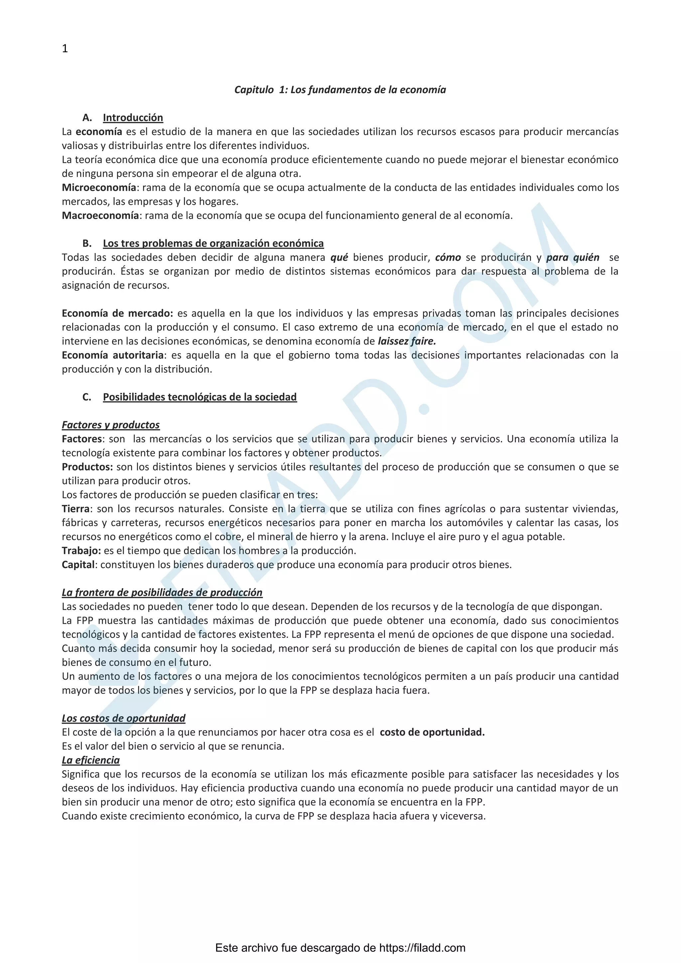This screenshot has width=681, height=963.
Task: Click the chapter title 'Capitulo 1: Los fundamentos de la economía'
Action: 340,90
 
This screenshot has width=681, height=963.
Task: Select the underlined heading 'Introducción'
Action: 133,118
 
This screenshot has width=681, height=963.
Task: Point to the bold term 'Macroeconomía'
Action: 100,215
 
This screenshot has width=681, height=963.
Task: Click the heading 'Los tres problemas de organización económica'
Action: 213,244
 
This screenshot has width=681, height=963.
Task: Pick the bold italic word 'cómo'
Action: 448,257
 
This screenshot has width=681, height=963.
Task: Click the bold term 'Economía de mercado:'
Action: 117,313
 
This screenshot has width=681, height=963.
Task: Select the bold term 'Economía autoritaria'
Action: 112,355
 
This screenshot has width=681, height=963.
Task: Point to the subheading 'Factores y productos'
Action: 111,425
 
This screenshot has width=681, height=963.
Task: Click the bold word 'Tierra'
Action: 75,509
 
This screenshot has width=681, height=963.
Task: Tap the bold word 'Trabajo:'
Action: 81,551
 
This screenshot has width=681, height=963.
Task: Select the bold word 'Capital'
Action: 78,565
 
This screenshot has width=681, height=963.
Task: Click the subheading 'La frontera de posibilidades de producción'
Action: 162,593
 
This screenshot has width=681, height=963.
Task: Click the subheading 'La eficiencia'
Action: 90,760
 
